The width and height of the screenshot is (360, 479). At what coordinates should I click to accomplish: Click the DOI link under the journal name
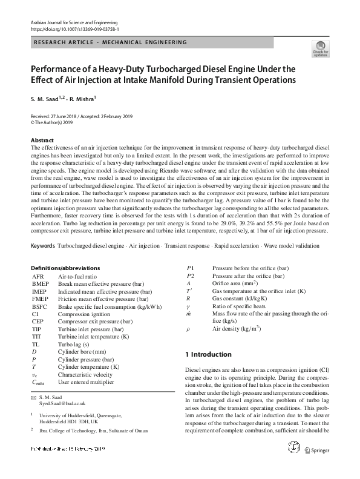pos(74,28)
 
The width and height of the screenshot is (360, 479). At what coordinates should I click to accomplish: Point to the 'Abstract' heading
pos(42,140)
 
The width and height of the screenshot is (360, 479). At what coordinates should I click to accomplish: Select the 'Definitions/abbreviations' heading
pos(65,268)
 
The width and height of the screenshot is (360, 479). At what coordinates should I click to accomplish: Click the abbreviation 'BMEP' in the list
pos(41,283)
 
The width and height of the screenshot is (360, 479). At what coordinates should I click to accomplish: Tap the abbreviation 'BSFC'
pos(40,306)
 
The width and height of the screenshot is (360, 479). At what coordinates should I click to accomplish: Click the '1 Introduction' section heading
pos(208,353)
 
